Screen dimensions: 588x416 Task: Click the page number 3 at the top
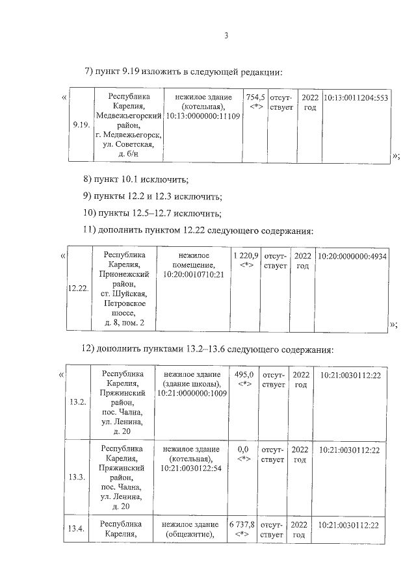coord(226,36)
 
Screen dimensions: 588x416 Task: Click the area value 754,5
coord(255,97)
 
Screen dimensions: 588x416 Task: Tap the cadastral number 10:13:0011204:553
coord(356,97)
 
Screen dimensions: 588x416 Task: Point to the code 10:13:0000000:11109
coord(203,116)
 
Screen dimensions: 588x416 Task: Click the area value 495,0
coord(244,375)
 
